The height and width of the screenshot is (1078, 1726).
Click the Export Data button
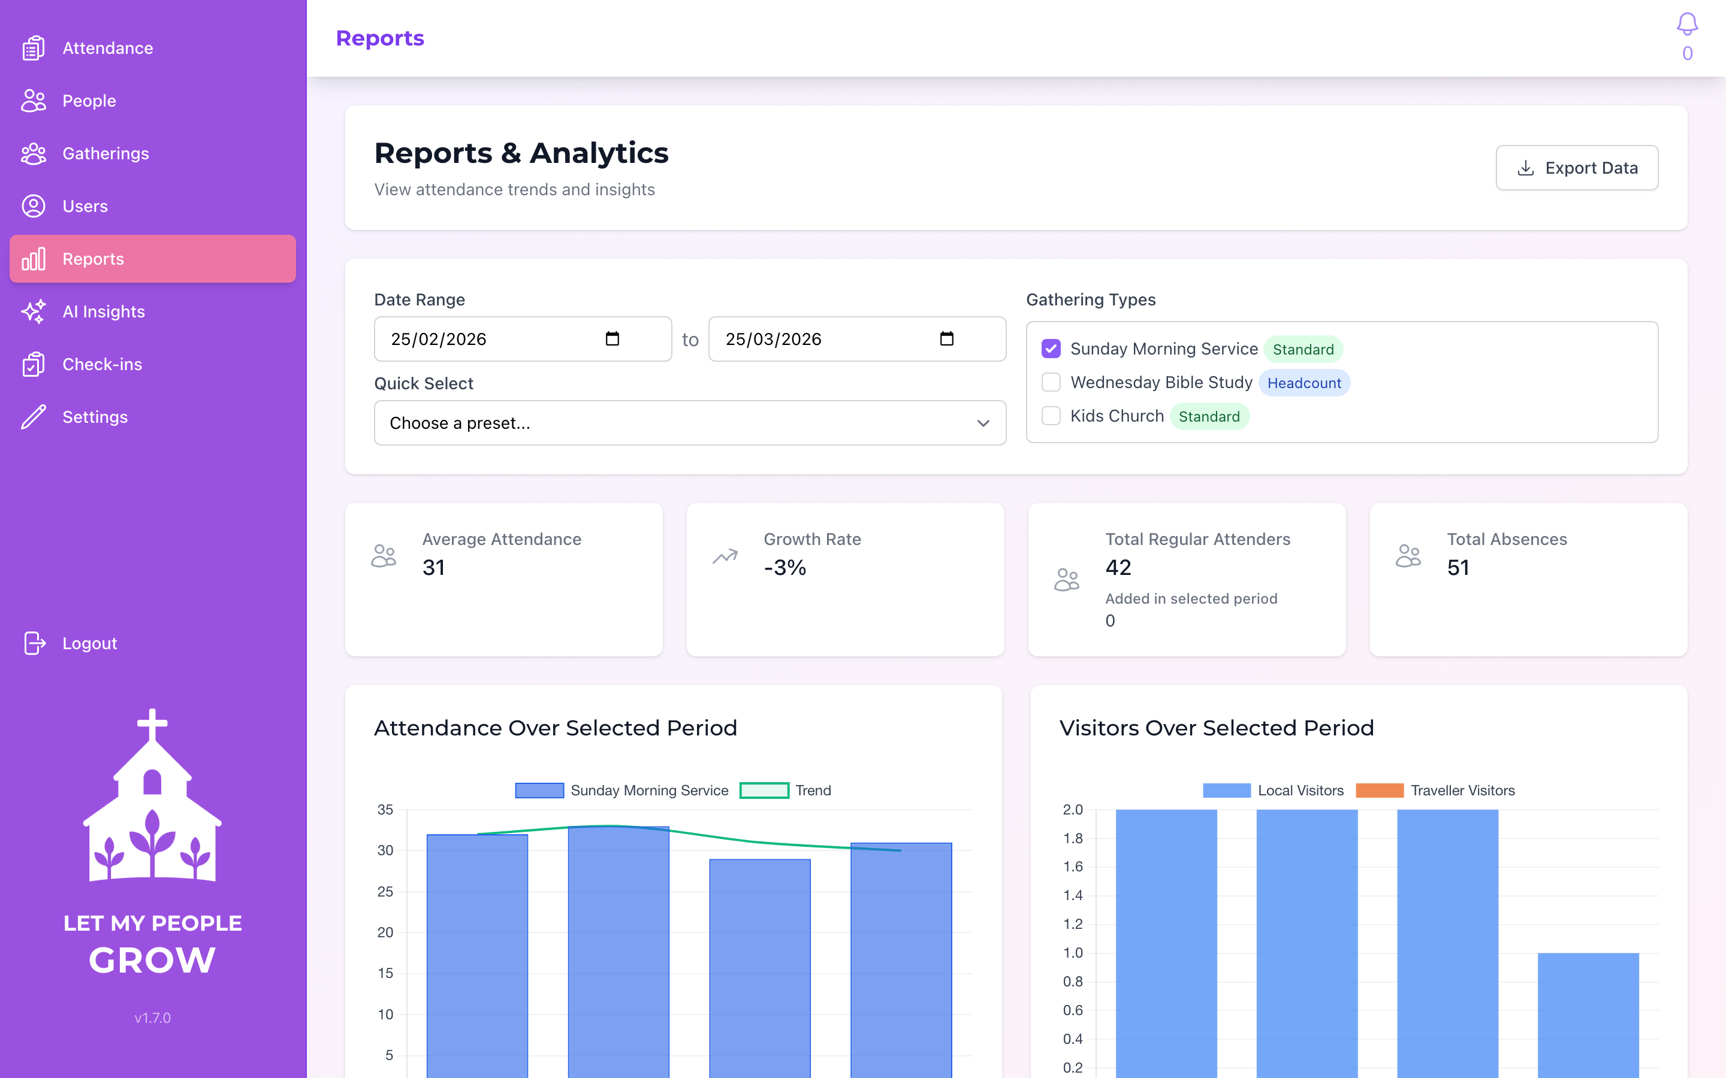(x=1576, y=168)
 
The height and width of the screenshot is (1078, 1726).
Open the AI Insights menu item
(x=104, y=311)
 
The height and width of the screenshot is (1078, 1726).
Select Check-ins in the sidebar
(x=102, y=364)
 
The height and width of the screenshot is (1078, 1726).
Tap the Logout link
(x=89, y=643)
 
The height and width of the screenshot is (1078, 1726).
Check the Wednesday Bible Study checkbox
(x=1051, y=383)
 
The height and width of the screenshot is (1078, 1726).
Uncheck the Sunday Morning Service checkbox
(x=1051, y=349)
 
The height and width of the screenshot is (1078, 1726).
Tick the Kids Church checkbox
(x=1051, y=416)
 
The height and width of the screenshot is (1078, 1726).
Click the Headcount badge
(x=1303, y=383)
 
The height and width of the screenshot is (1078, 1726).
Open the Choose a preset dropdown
(x=690, y=423)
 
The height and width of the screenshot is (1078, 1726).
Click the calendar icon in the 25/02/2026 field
(x=612, y=338)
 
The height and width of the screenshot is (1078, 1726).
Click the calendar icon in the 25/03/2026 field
(x=946, y=338)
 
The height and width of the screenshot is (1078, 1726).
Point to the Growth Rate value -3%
(x=784, y=568)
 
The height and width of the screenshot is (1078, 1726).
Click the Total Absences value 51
(x=1458, y=568)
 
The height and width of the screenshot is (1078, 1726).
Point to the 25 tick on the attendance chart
(x=385, y=891)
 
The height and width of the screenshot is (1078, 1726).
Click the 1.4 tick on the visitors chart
(x=1073, y=895)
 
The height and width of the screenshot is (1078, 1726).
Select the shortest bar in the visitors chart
(x=1588, y=1012)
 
